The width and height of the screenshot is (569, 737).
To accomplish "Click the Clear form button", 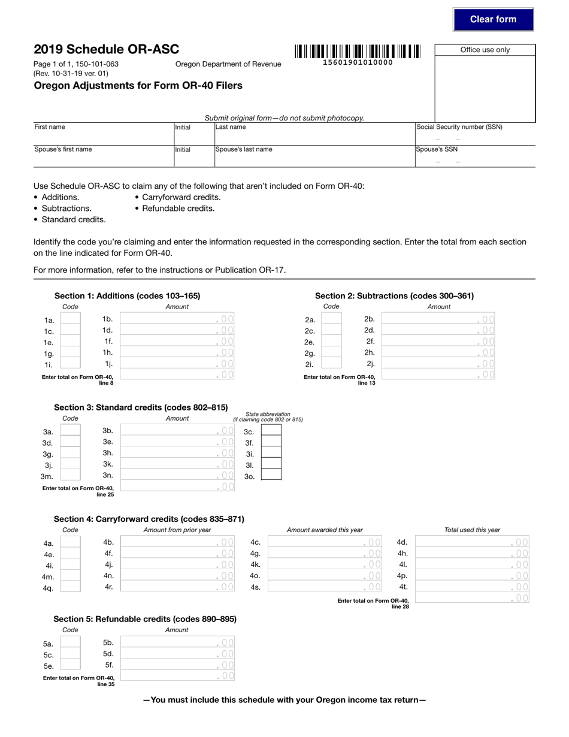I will pos(493,19).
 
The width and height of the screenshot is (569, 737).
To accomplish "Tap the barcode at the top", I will pos(357,52).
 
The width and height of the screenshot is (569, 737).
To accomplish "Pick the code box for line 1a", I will pos(70,319).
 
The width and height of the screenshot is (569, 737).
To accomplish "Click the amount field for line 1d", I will pos(177,330).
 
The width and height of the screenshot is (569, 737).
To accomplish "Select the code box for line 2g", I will pos(331,353).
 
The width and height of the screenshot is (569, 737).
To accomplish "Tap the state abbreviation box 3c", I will pos(271,431).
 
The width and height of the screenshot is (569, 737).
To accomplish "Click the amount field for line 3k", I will pos(177,464).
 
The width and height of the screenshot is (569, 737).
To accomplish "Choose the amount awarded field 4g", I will pos(324,553).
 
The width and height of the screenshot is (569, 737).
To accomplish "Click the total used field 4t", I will pos(472,587).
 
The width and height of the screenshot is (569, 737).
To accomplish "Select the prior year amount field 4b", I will pos(177,542).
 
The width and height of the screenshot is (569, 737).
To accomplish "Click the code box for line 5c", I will pos(70,654).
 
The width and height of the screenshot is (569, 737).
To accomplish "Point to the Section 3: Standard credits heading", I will pos(141,407).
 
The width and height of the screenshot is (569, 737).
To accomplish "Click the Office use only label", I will pos(485,50).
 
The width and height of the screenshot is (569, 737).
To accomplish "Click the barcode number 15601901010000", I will pos(358,62).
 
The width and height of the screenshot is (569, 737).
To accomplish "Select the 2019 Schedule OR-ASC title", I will pos(106,49).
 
